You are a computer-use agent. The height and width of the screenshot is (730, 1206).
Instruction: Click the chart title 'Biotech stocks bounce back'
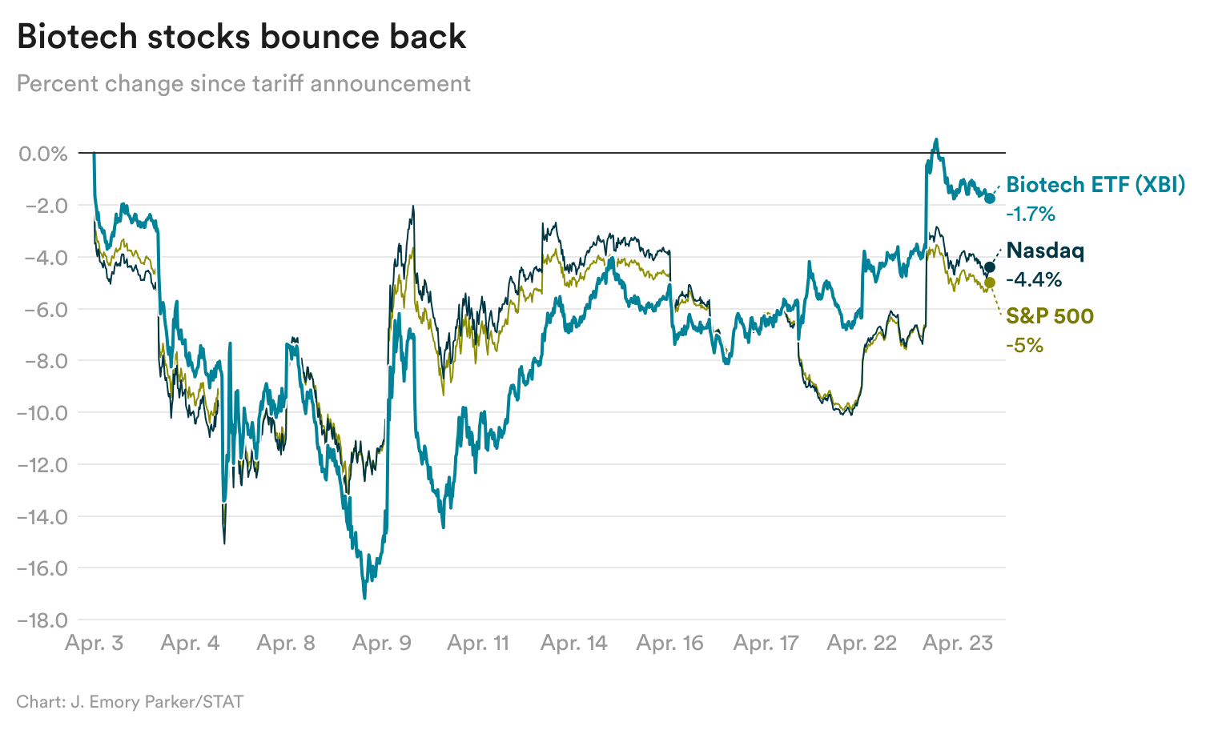click(241, 37)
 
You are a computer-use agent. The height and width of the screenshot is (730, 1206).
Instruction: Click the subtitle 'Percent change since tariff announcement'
click(243, 83)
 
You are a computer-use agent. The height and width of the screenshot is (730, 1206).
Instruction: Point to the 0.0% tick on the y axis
click(43, 153)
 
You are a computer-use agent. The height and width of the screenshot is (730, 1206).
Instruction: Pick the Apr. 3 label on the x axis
click(94, 643)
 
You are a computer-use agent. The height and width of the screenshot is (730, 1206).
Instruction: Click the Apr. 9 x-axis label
click(382, 643)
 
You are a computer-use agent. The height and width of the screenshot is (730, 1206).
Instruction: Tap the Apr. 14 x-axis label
click(573, 643)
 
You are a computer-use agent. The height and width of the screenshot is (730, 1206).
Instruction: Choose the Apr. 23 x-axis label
click(958, 643)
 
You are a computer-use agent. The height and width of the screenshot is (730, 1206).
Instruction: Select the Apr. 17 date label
click(766, 643)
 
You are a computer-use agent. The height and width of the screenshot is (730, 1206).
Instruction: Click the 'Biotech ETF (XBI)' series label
click(1095, 185)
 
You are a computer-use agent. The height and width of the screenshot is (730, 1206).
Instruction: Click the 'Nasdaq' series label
click(1045, 251)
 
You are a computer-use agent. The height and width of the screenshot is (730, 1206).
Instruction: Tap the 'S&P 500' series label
click(1050, 316)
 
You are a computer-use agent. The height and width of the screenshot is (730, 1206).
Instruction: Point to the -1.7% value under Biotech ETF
click(1031, 214)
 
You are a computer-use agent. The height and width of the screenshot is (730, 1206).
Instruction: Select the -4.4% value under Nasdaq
click(1033, 279)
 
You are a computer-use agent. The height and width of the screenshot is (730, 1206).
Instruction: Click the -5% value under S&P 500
click(1024, 345)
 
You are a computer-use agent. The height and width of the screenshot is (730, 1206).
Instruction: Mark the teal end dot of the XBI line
click(990, 199)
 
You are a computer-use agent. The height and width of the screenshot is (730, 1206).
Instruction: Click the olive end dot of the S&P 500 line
click(990, 283)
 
